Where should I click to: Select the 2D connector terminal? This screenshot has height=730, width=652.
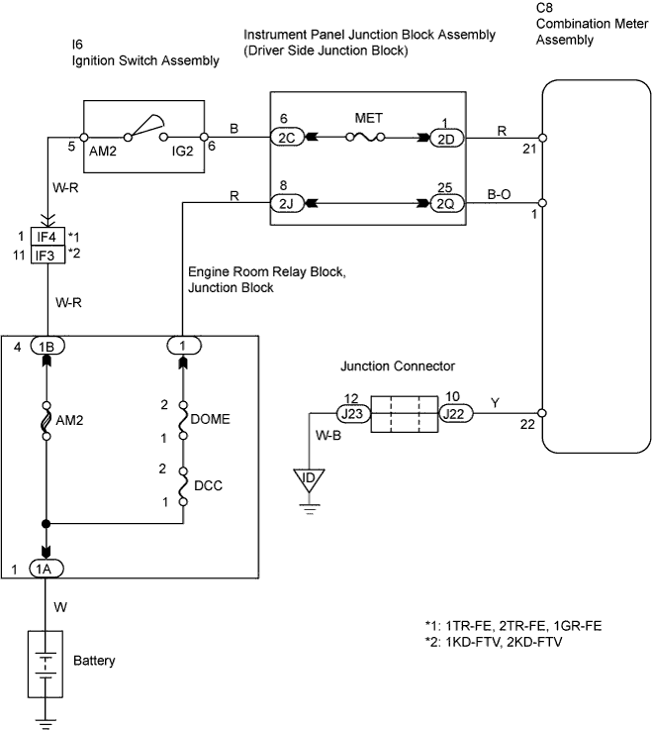click(x=443, y=139)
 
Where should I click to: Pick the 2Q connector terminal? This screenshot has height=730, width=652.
click(x=443, y=205)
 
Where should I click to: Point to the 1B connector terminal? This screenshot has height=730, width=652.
click(x=47, y=348)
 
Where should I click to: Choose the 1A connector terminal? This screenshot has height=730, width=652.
click(x=47, y=571)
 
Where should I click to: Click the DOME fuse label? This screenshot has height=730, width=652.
click(x=213, y=419)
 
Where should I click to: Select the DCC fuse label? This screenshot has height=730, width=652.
click(x=210, y=486)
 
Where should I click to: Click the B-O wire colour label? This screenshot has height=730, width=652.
click(x=499, y=195)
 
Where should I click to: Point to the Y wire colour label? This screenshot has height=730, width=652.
click(x=494, y=403)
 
